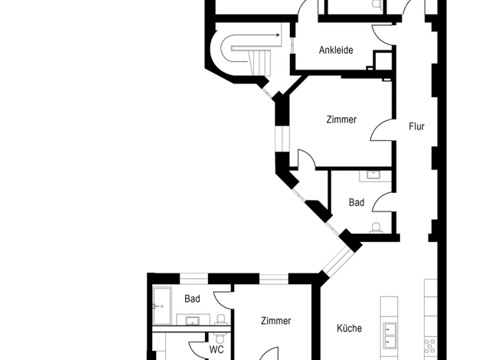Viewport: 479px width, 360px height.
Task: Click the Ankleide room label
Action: (x=336, y=50)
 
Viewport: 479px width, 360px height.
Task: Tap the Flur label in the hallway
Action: (x=417, y=126)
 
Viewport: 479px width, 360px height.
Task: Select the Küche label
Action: (x=350, y=328)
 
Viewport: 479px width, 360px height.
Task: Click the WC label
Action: (x=217, y=349)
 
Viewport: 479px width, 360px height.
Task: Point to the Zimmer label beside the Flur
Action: (x=341, y=119)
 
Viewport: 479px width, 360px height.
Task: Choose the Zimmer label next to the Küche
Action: (x=276, y=320)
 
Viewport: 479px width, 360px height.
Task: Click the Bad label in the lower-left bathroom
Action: (x=192, y=299)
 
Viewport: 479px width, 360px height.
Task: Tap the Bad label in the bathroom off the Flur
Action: (x=357, y=202)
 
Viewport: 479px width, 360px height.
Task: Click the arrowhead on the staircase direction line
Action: (x=278, y=35)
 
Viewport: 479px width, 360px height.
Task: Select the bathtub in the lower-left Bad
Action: (x=162, y=306)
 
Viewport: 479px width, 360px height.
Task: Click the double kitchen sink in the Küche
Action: (x=389, y=335)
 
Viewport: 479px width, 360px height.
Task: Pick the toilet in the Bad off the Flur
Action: (x=376, y=228)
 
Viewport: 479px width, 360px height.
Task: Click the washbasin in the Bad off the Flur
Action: (x=373, y=175)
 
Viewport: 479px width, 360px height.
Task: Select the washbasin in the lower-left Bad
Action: (x=192, y=321)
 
